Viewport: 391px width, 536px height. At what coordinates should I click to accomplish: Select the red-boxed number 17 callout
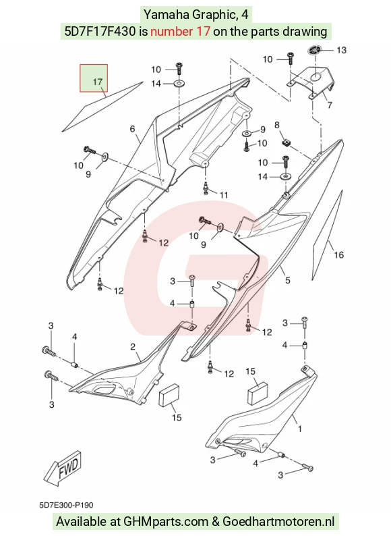(94, 78)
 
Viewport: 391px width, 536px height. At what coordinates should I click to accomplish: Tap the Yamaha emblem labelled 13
(314, 50)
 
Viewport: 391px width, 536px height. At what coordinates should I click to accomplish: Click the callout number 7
(330, 105)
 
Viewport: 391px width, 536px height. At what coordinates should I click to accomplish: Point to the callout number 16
(338, 254)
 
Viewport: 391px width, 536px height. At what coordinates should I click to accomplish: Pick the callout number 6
(133, 129)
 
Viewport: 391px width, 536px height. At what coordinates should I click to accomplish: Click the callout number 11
(224, 195)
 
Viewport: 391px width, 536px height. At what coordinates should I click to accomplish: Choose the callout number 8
(277, 125)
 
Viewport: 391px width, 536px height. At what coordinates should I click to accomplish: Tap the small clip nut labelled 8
(287, 142)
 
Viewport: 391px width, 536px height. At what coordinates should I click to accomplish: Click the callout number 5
(288, 280)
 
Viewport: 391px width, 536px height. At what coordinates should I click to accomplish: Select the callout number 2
(133, 347)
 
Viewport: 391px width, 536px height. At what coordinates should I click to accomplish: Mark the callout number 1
(300, 429)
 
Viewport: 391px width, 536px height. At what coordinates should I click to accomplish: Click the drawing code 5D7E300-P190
(66, 505)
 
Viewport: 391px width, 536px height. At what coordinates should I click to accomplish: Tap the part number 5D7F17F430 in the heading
(100, 32)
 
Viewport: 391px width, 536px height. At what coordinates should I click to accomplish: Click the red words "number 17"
(180, 32)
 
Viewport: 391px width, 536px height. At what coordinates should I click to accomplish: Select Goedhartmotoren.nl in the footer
(278, 522)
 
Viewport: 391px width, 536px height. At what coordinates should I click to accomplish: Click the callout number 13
(341, 50)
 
